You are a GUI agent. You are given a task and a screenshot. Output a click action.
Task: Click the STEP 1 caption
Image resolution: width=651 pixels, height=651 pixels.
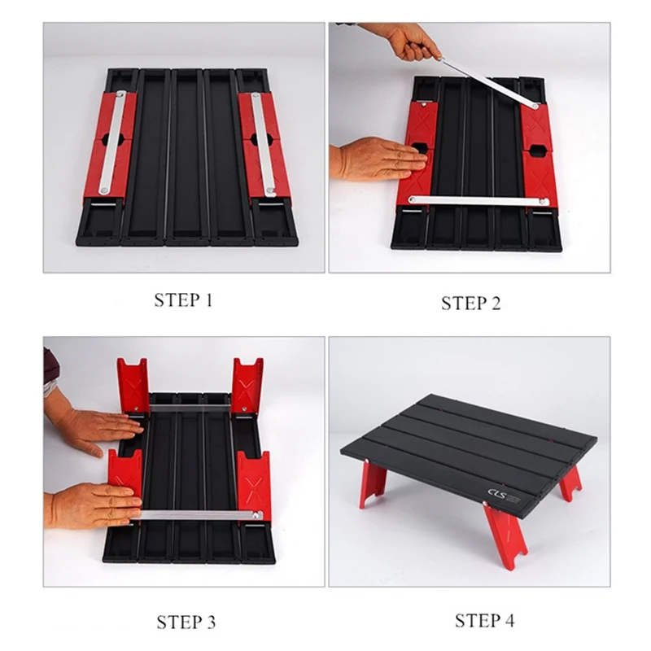pyautogui.click(x=183, y=299)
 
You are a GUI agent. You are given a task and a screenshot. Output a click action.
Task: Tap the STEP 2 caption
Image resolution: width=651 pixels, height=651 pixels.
pyautogui.click(x=471, y=303)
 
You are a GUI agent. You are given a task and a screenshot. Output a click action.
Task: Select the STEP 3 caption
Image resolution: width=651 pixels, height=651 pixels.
pyautogui.click(x=186, y=622)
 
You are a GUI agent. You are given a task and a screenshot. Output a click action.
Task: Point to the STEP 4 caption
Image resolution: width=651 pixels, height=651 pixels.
pyautogui.click(x=484, y=621)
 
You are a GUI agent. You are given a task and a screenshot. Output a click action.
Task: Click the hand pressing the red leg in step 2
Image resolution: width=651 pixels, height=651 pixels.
pyautogui.click(x=378, y=159)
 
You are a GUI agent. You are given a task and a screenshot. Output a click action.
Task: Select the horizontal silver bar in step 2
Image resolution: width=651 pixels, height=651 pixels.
pyautogui.click(x=478, y=201)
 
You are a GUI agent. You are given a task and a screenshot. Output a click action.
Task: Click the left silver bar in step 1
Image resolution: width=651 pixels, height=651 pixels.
pyautogui.click(x=111, y=142)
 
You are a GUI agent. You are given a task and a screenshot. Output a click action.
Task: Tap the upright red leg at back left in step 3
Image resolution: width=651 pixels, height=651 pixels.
pyautogui.click(x=133, y=385)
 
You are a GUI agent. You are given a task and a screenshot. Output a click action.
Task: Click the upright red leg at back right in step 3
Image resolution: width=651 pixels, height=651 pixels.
pyautogui.click(x=247, y=385)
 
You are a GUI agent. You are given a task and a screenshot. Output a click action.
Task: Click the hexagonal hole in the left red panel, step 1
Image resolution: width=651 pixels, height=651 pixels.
pyautogui.click(x=111, y=138)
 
